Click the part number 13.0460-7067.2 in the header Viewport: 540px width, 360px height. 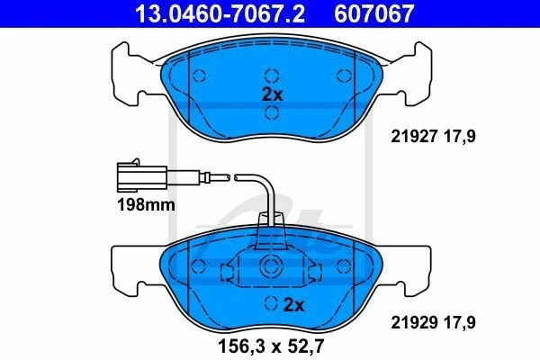point(220,13)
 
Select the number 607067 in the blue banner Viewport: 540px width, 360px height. point(374,13)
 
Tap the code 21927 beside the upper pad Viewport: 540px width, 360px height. point(414,137)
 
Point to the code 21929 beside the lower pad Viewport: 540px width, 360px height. point(414,322)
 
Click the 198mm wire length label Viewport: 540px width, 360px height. point(147,205)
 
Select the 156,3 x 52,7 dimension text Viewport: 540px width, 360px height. point(271,346)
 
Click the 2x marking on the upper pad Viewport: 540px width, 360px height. point(272,94)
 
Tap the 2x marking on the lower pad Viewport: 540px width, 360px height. point(293,305)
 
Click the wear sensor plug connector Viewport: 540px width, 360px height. point(142,177)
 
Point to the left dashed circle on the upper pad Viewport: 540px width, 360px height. point(199,76)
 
